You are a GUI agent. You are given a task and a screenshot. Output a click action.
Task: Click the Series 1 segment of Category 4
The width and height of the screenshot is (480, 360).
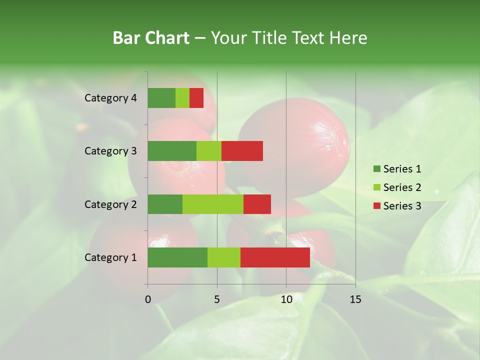click(161, 98)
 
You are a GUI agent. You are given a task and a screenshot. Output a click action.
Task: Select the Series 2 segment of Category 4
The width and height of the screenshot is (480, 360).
click(182, 98)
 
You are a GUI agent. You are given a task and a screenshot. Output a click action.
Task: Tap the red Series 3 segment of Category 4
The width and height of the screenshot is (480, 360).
click(196, 98)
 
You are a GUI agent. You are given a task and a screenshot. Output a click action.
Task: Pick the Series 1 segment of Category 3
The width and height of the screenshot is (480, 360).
click(172, 151)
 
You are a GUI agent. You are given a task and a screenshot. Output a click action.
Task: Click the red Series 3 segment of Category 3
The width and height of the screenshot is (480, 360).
click(242, 151)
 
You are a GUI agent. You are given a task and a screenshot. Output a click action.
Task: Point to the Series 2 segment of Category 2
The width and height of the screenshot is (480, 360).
click(213, 204)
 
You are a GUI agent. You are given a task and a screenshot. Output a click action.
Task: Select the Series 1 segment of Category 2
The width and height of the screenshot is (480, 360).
click(165, 204)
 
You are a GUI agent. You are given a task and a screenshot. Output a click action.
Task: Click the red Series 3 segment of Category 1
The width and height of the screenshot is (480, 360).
click(275, 257)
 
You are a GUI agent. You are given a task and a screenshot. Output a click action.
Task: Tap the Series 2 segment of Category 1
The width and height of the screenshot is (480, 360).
click(224, 257)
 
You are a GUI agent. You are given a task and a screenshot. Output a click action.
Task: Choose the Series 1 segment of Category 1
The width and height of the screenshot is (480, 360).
click(177, 257)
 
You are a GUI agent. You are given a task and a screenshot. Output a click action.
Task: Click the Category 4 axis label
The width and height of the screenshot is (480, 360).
click(110, 98)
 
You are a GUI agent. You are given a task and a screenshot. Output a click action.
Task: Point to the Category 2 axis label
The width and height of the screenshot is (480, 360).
click(110, 204)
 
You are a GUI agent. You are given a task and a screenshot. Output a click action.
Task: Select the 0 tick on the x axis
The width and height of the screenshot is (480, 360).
click(148, 299)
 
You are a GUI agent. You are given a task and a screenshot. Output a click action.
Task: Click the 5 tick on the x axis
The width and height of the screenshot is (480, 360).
click(217, 299)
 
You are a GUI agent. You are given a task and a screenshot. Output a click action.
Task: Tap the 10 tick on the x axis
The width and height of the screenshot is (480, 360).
click(286, 299)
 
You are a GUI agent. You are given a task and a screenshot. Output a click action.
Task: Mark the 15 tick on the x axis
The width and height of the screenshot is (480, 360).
click(355, 299)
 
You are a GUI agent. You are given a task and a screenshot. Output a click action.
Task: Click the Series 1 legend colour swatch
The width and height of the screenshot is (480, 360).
click(376, 169)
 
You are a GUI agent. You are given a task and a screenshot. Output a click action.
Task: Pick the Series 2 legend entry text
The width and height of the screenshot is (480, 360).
click(402, 187)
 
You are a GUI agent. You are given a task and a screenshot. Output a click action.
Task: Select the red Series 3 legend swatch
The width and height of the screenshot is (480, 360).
click(376, 206)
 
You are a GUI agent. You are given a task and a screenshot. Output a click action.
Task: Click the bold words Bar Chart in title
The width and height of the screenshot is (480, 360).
click(151, 38)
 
